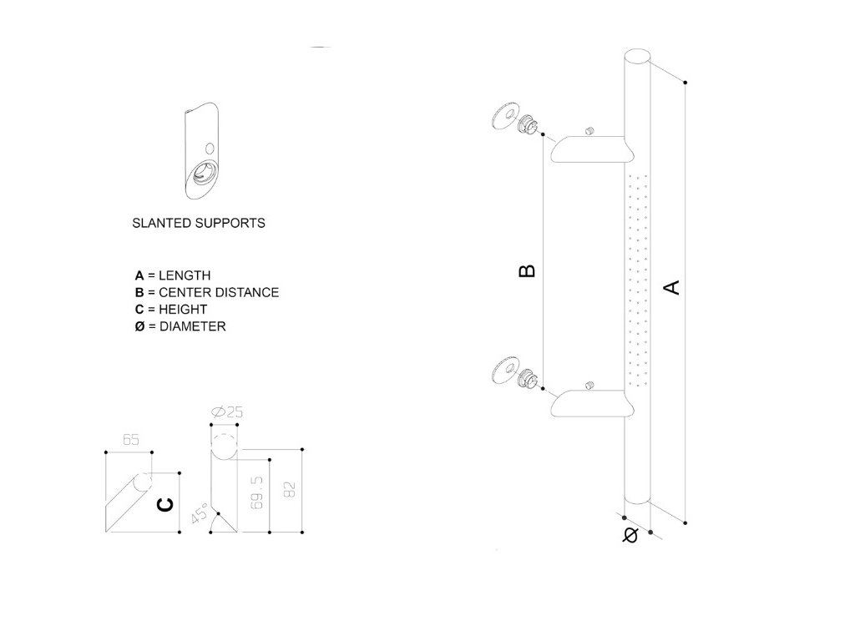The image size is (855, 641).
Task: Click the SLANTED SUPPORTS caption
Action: click(x=199, y=224)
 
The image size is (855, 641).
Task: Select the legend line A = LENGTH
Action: click(x=173, y=275)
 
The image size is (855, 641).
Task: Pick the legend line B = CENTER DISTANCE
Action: click(x=206, y=292)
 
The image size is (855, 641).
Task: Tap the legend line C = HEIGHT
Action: click(x=170, y=309)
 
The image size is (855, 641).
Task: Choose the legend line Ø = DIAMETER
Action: click(x=180, y=326)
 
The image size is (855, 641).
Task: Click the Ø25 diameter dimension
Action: click(x=227, y=412)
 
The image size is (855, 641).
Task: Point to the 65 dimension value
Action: click(x=130, y=440)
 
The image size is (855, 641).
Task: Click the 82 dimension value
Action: click(x=290, y=490)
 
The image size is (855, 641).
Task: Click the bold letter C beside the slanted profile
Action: click(x=166, y=504)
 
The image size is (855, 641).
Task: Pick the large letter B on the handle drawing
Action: click(x=527, y=270)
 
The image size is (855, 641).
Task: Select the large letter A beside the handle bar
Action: click(x=670, y=287)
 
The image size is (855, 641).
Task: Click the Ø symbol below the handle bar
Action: click(x=630, y=534)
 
